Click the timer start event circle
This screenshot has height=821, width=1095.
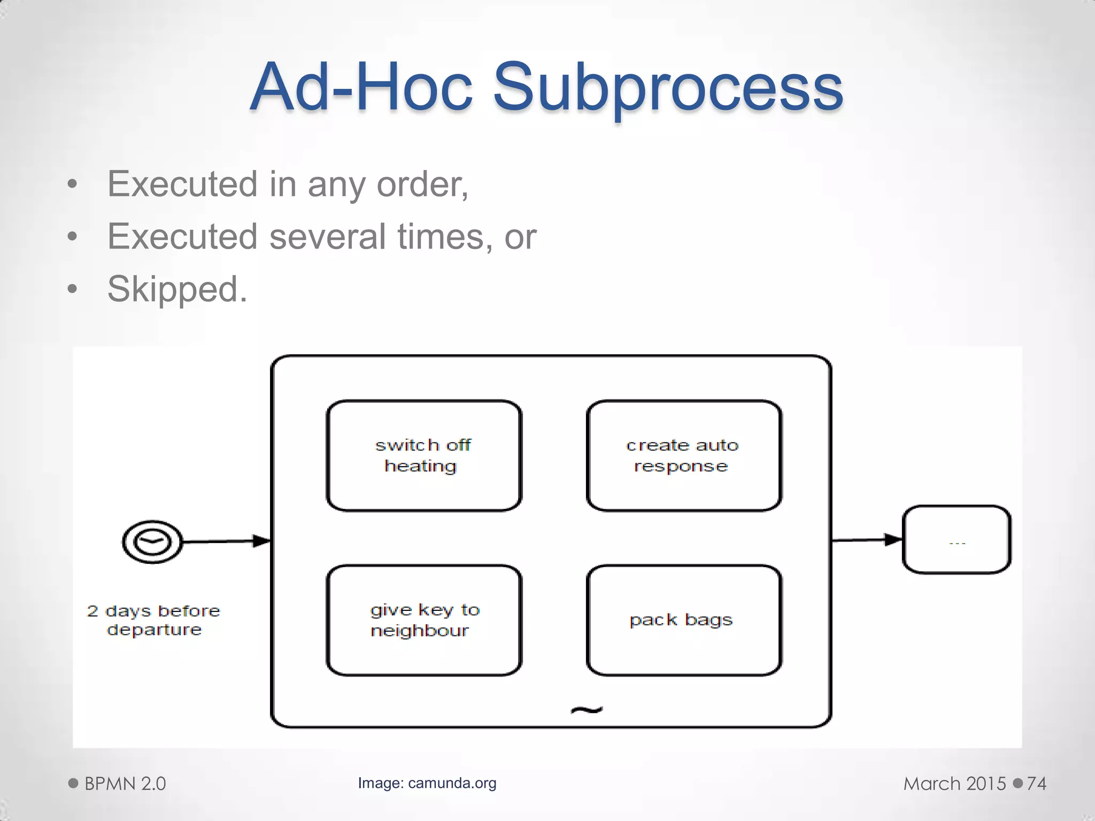(x=152, y=541)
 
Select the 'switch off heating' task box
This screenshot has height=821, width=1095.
(x=423, y=455)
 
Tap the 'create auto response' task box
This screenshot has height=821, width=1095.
(x=684, y=455)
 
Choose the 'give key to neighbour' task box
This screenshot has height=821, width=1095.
(x=423, y=620)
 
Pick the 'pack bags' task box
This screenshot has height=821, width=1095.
(x=684, y=620)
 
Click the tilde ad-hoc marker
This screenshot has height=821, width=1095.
(x=587, y=710)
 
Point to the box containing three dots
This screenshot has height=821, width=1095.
(x=957, y=539)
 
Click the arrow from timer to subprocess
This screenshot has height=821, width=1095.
(x=225, y=541)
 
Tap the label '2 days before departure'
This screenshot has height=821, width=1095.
(x=153, y=620)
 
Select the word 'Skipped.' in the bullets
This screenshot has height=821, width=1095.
(x=177, y=289)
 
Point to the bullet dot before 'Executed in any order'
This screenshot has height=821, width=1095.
(x=73, y=185)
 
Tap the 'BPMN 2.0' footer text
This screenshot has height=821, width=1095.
(x=125, y=784)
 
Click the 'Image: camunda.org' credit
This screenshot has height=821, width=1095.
(x=427, y=783)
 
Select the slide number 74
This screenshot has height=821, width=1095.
(x=1036, y=784)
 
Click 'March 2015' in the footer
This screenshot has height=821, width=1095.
(x=954, y=784)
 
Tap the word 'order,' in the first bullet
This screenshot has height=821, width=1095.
(x=422, y=184)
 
